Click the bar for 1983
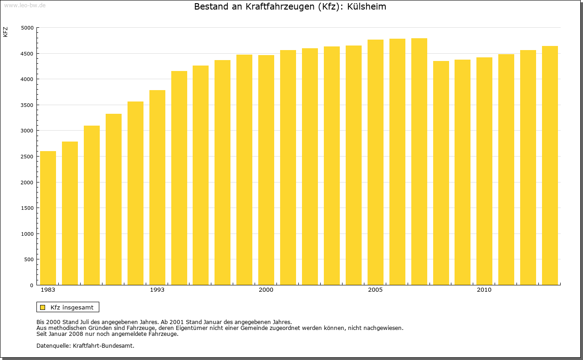(48, 218)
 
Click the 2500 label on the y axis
(28, 157)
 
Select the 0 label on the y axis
(31, 285)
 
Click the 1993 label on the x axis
(157, 290)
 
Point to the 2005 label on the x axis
(375, 290)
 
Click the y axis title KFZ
(5, 32)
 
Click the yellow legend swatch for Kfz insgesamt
(42, 307)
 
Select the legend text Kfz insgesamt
(72, 307)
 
